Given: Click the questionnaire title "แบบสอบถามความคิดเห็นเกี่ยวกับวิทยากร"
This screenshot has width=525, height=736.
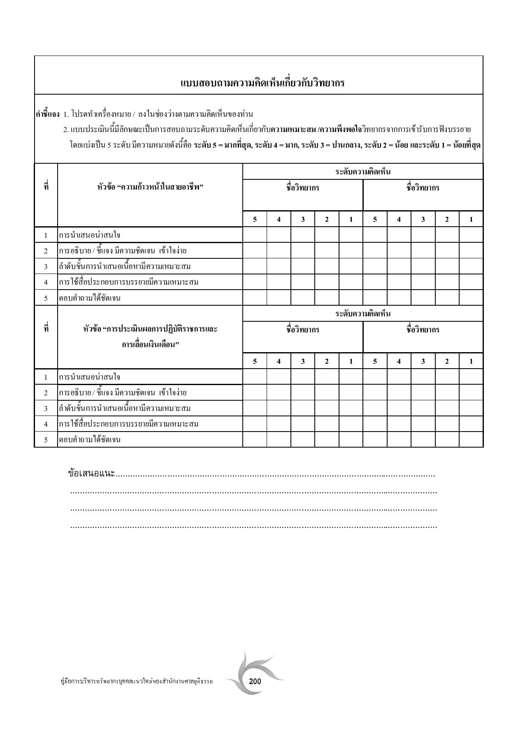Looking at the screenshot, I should pyautogui.click(x=262, y=83).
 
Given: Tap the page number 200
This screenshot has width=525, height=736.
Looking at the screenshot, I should pyautogui.click(x=255, y=681).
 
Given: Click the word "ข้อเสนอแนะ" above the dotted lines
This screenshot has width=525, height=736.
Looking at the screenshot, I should pyautogui.click(x=91, y=474).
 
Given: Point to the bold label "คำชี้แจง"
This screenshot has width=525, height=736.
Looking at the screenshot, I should pyautogui.click(x=47, y=114).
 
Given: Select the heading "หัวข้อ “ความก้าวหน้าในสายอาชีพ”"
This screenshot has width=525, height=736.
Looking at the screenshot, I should pyautogui.click(x=150, y=188).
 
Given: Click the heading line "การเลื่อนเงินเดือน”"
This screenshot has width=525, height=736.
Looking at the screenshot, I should pyautogui.click(x=150, y=344).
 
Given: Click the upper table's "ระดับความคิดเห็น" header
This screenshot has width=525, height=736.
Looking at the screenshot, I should pyautogui.click(x=362, y=172).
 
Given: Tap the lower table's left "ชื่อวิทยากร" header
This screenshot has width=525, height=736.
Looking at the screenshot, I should pyautogui.click(x=303, y=330).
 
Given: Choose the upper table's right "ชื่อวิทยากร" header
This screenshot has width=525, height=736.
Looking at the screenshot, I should pyautogui.click(x=423, y=188).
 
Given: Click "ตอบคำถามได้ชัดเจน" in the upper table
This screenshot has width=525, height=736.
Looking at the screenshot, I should pyautogui.click(x=90, y=298).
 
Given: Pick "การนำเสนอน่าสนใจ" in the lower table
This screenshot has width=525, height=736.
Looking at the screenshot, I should pyautogui.click(x=90, y=377).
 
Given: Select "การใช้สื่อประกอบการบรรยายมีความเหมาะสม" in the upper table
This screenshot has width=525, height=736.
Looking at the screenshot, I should pyautogui.click(x=129, y=282).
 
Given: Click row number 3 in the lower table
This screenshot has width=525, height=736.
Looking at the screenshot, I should pyautogui.click(x=46, y=409).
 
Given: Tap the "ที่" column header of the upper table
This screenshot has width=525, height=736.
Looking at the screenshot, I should pyautogui.click(x=46, y=187).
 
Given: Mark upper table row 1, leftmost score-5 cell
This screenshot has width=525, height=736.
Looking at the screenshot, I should pyautogui.click(x=255, y=235).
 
